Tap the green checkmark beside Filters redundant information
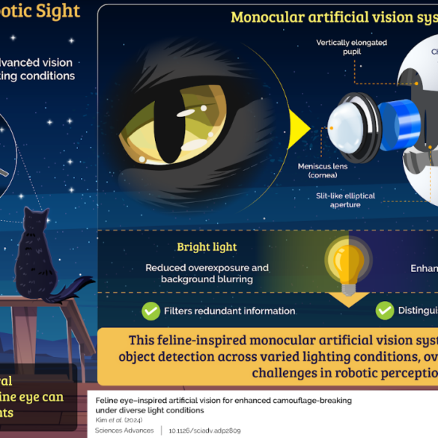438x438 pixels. [x=150, y=310]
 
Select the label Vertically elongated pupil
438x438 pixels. [x=352, y=47]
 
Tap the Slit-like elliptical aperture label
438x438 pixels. [x=345, y=200]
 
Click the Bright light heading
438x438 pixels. [x=207, y=247]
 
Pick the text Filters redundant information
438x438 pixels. [x=229, y=311]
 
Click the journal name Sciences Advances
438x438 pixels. [x=124, y=430]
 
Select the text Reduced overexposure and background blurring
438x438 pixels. [x=207, y=273]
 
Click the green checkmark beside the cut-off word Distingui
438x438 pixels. [x=385, y=310]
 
